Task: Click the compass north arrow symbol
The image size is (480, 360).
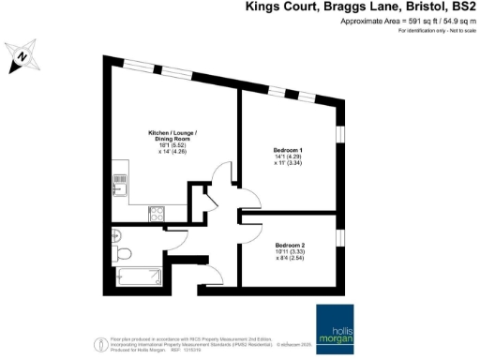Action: click(22, 57)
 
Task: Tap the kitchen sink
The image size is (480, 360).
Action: click(119, 184)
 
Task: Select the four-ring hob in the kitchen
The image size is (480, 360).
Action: click(156, 213)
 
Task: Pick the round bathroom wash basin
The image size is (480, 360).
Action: click(115, 233)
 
